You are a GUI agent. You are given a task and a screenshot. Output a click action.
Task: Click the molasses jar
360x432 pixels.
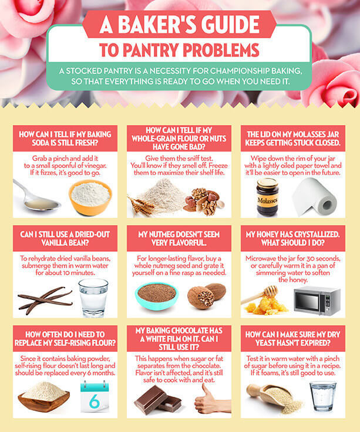[267, 197]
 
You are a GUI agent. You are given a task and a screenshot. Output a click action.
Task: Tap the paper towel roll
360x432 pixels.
[315, 197]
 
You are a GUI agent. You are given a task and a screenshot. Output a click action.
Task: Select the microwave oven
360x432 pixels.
[317, 301]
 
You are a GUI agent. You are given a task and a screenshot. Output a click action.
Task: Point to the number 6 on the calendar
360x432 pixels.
[95, 401]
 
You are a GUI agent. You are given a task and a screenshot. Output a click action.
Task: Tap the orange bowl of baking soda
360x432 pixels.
[90, 197]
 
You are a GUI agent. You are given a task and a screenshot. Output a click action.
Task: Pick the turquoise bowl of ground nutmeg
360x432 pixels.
[156, 296]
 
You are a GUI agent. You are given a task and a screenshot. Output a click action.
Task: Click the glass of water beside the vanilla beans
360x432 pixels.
[93, 298]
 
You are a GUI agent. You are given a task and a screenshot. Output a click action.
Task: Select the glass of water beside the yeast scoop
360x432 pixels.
[322, 396]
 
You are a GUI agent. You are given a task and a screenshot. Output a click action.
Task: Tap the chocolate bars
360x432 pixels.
[158, 400]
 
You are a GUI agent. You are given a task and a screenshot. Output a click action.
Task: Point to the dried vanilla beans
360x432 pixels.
[45, 300]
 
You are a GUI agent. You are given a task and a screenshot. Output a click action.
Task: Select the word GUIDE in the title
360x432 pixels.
[230, 24]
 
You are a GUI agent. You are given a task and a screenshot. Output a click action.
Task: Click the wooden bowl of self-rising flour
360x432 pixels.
[43, 397]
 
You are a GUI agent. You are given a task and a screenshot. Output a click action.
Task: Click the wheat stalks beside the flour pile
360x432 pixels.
[140, 204]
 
